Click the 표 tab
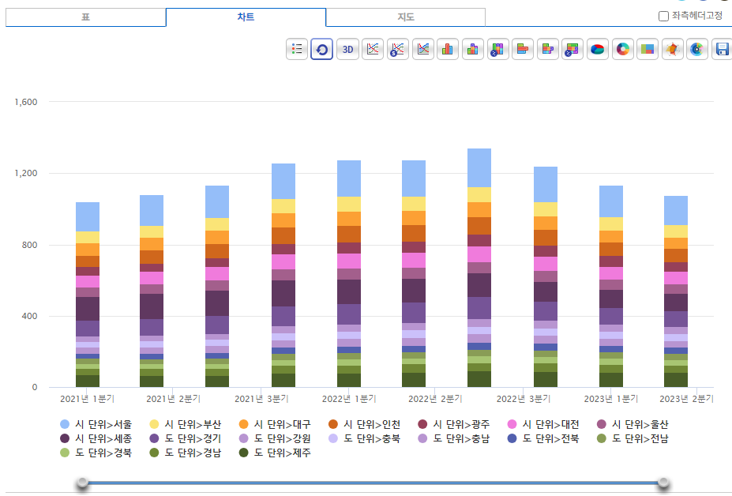point(86,17)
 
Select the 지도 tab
point(406,17)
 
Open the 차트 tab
point(246,17)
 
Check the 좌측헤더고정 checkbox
point(663,17)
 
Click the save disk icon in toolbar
point(722,49)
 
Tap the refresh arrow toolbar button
point(321,49)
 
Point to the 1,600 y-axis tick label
point(26,102)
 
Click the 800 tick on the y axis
point(29,245)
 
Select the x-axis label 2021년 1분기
point(88,399)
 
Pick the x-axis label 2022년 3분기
point(524,399)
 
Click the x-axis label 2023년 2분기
point(686,399)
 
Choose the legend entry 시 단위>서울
point(96,424)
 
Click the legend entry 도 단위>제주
point(275,453)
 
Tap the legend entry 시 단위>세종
point(96,438)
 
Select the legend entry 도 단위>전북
point(543,438)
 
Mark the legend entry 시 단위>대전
point(543,424)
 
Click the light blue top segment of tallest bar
point(479,167)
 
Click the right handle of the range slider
point(663,483)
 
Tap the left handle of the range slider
point(83,483)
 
